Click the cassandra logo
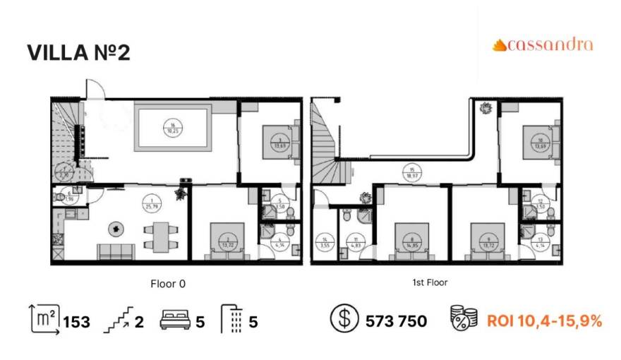click(x=543, y=45)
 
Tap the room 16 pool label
click(x=172, y=128)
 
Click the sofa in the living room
click(x=116, y=251)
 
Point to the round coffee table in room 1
click(x=114, y=228)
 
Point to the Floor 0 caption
click(x=168, y=283)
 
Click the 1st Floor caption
click(x=430, y=282)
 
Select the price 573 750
click(x=396, y=322)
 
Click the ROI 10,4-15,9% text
click(x=544, y=322)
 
